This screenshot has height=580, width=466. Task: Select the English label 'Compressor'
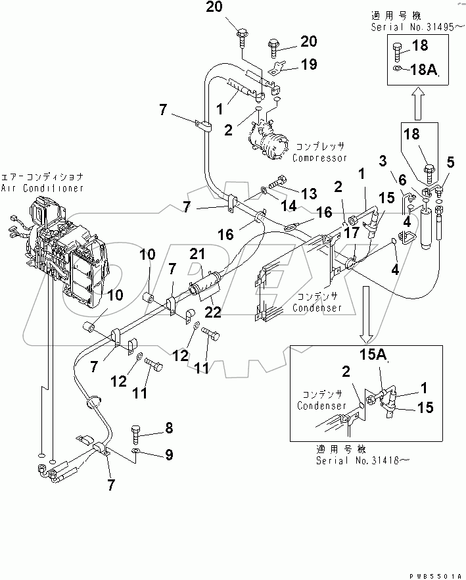(x=319, y=158)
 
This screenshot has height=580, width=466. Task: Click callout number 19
(x=309, y=64)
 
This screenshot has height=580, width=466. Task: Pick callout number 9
(x=169, y=453)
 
